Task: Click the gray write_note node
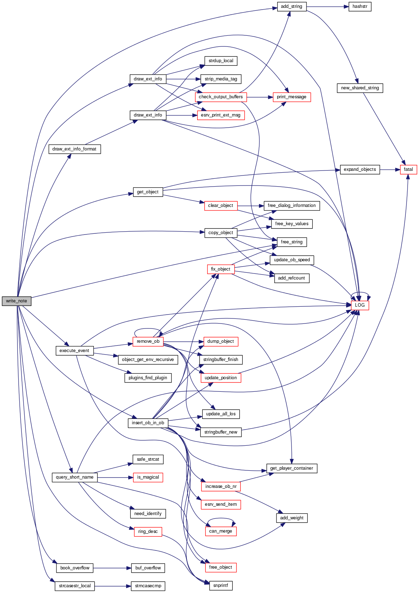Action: pyautogui.click(x=16, y=301)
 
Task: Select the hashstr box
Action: pyautogui.click(x=360, y=6)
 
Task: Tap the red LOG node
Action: pyautogui.click(x=360, y=305)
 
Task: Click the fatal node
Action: pyautogui.click(x=408, y=169)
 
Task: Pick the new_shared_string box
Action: pyautogui.click(x=360, y=88)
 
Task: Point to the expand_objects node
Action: pyautogui.click(x=360, y=169)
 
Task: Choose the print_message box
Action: pyautogui.click(x=291, y=97)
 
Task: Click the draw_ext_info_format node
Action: pyautogui.click(x=74, y=149)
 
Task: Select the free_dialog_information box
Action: pyautogui.click(x=291, y=206)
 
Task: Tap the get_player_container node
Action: pyautogui.click(x=291, y=468)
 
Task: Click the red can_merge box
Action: pyautogui.click(x=220, y=531)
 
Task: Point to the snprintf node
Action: pyautogui.click(x=220, y=585)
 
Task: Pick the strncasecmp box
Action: pyautogui.click(x=148, y=586)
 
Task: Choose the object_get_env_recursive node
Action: pyautogui.click(x=148, y=360)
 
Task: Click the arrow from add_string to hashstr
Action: pyautogui.click(x=327, y=7)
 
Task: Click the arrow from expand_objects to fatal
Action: pyautogui.click(x=390, y=170)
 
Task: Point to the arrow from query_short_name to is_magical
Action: pyautogui.click(x=115, y=478)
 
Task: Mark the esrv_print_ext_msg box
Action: pyautogui.click(x=220, y=115)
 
